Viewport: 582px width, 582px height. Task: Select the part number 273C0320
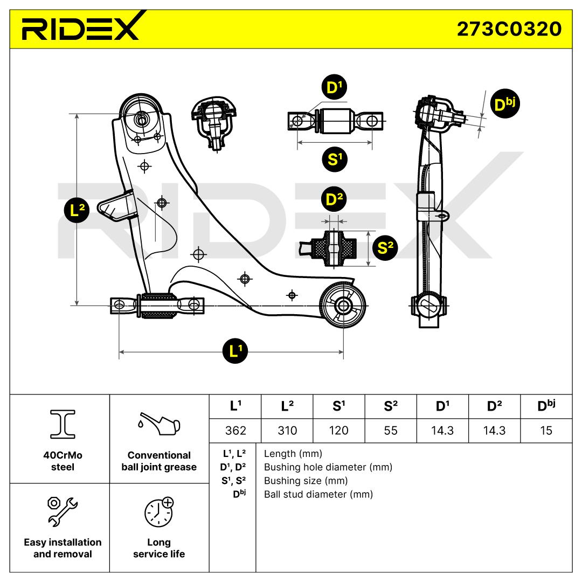click(509, 29)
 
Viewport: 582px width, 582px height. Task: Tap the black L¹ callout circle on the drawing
click(235, 351)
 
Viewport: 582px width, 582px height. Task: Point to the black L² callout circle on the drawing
click(77, 211)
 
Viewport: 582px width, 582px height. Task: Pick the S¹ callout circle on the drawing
click(335, 160)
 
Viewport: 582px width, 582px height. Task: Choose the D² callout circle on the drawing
click(334, 199)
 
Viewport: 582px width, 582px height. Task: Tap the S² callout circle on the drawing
click(385, 247)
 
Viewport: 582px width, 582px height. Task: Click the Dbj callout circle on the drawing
click(505, 104)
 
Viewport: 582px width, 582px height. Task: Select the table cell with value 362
click(235, 431)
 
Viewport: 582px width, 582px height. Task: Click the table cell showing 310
click(287, 431)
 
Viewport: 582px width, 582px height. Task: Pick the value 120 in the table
click(339, 431)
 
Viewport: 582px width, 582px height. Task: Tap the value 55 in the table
click(391, 431)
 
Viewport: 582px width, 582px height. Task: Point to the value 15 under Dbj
click(546, 431)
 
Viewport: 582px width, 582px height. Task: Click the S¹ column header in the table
click(339, 406)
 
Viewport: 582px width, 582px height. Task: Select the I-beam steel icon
click(63, 424)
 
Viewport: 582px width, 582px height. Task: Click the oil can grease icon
click(159, 424)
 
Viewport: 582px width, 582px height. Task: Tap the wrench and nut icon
click(63, 511)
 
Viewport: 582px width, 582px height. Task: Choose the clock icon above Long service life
click(159, 512)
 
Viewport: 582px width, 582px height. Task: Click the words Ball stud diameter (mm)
click(318, 494)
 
